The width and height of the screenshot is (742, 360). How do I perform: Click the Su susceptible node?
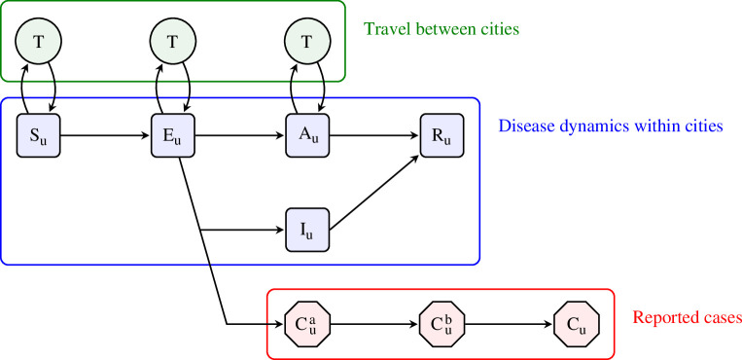(38, 135)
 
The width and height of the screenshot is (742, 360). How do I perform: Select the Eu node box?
(173, 135)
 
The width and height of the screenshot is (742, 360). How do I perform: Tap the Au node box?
(307, 135)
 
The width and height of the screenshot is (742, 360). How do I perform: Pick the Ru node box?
(442, 135)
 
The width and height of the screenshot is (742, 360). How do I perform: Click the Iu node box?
(307, 230)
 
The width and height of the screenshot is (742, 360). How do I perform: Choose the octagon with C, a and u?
(307, 324)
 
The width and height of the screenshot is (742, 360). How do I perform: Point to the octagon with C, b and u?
(442, 324)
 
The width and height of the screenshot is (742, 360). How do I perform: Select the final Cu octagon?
(577, 324)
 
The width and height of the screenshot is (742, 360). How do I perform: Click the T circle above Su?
(38, 41)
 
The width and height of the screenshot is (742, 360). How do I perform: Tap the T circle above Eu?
(173, 41)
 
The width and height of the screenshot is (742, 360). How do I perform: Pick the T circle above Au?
(307, 41)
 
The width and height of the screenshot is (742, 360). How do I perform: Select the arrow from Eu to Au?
(240, 135)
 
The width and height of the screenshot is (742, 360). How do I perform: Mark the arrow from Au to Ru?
(374, 135)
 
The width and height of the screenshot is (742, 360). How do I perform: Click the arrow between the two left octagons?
(374, 324)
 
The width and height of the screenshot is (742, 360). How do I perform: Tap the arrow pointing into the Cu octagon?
(509, 324)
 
